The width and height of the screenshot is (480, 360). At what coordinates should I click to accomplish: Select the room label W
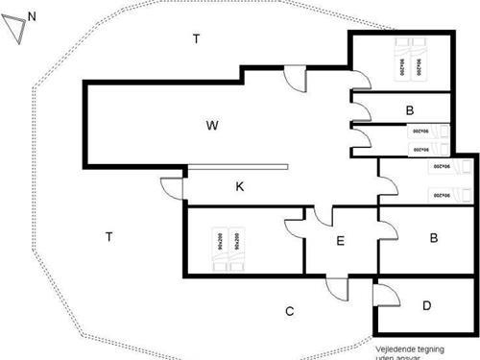click(x=212, y=125)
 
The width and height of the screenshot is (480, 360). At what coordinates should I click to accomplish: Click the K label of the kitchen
click(x=240, y=186)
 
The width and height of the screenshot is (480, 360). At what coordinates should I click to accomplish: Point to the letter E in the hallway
click(x=340, y=241)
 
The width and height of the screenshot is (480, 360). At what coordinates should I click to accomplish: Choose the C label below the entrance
click(x=289, y=311)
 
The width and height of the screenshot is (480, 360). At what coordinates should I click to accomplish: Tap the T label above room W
click(x=196, y=39)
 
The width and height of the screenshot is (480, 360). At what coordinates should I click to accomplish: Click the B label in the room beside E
click(x=434, y=237)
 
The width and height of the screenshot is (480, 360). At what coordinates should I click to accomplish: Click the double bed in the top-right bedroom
click(x=411, y=60)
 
